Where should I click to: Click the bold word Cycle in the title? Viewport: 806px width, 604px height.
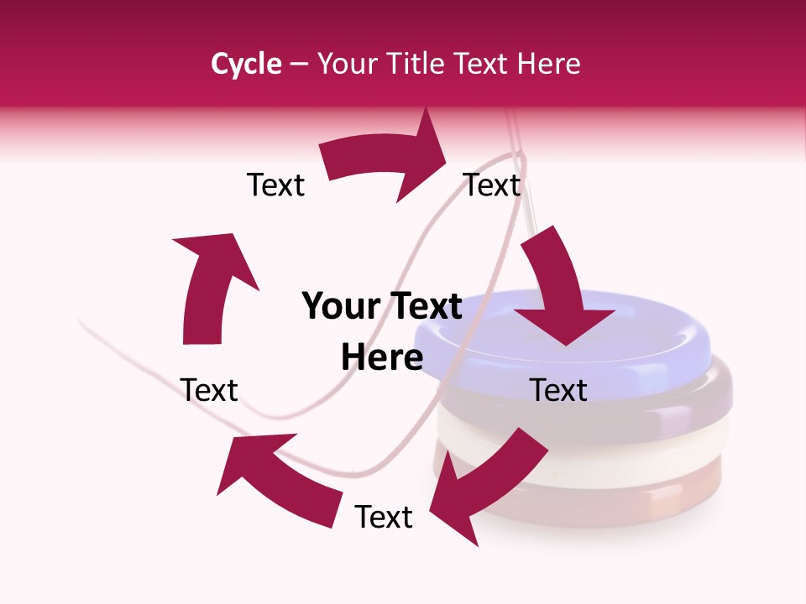(246, 64)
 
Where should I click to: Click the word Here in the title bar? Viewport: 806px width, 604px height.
(549, 64)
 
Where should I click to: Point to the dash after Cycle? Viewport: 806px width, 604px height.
(299, 65)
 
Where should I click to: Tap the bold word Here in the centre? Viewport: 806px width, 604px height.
(382, 358)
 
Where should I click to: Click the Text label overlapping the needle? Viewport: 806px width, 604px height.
(493, 185)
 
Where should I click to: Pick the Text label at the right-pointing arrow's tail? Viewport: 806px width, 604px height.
(275, 185)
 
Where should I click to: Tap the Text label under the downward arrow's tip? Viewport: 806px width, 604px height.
(559, 390)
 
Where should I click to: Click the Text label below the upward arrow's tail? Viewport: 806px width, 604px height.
(209, 390)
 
